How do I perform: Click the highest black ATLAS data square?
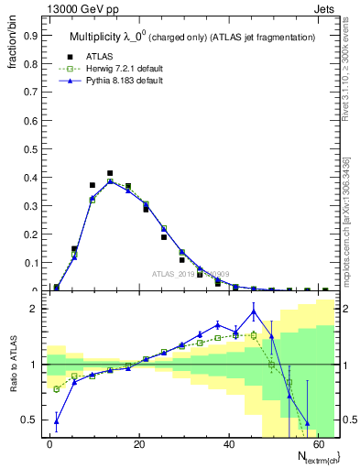pyautogui.click(x=110, y=173)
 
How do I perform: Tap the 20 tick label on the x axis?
pyautogui.click(x=140, y=444)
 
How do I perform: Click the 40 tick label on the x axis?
pyautogui.click(x=231, y=444)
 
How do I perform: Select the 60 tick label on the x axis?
pyautogui.click(x=321, y=444)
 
